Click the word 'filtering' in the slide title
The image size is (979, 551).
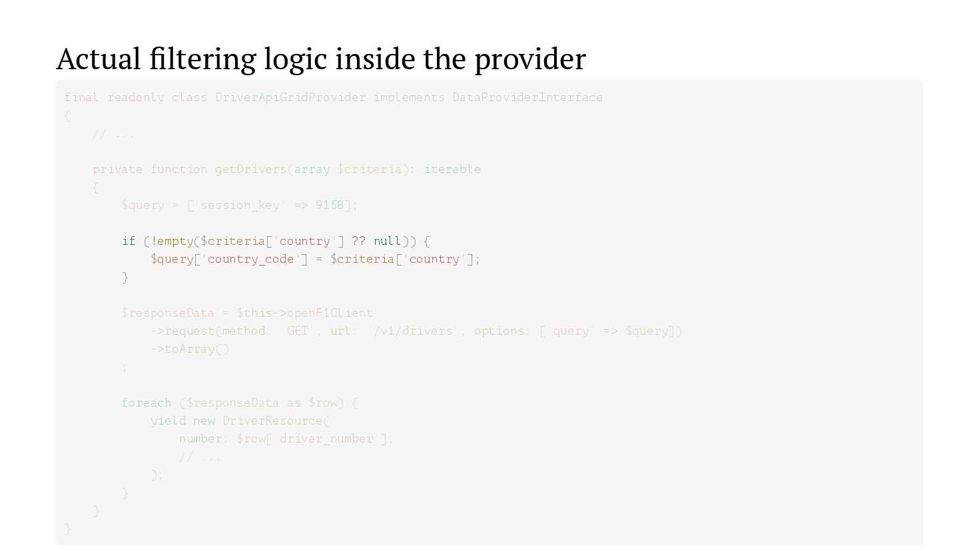pyautogui.click(x=202, y=59)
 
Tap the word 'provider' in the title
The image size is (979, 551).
pyautogui.click(x=529, y=59)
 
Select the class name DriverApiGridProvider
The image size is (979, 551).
pyautogui.click(x=290, y=97)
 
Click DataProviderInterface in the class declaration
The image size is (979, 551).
pyautogui.click(x=527, y=97)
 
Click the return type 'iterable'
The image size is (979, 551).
pyautogui.click(x=452, y=169)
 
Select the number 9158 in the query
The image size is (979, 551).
pyautogui.click(x=330, y=205)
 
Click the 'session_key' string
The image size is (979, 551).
pyautogui.click(x=240, y=205)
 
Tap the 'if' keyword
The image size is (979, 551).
pyautogui.click(x=129, y=241)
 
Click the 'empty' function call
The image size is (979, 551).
pyautogui.click(x=175, y=241)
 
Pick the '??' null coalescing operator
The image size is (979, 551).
pyautogui.click(x=358, y=241)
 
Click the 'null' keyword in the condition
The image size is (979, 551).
pyautogui.click(x=387, y=241)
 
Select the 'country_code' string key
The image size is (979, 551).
pyautogui.click(x=250, y=259)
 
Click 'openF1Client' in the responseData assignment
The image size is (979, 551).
pyautogui.click(x=330, y=313)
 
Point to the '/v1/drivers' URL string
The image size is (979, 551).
pyautogui.click(x=413, y=331)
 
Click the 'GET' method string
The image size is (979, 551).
pyautogui.click(x=297, y=331)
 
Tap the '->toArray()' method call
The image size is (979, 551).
pyautogui.click(x=190, y=349)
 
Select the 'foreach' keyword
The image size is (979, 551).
pyautogui.click(x=147, y=403)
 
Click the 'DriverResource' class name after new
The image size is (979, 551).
pyautogui.click(x=272, y=421)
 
